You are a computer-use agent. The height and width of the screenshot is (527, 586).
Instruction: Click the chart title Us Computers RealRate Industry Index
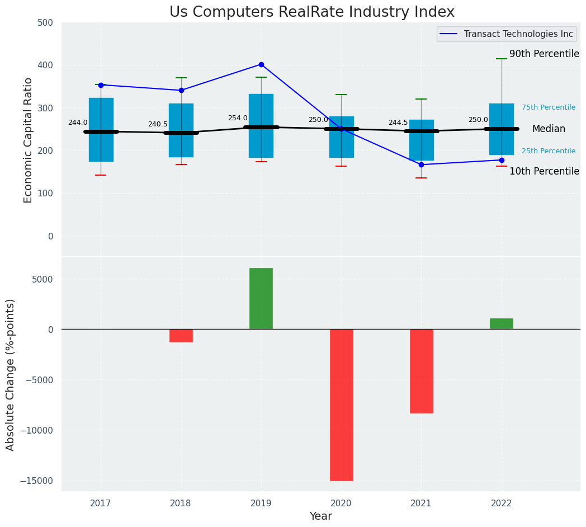pyautogui.click(x=312, y=12)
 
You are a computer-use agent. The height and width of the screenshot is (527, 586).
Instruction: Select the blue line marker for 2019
pyautogui.click(x=261, y=64)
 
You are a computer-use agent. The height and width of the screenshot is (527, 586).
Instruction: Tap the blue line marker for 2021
pyautogui.click(x=421, y=164)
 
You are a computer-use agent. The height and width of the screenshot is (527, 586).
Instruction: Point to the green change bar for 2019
pyautogui.click(x=261, y=299)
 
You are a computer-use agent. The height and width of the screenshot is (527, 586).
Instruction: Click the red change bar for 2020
pyautogui.click(x=341, y=404)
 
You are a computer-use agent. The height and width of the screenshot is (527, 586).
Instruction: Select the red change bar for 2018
pyautogui.click(x=181, y=336)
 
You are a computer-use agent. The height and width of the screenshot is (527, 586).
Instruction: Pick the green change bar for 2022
pyautogui.click(x=502, y=324)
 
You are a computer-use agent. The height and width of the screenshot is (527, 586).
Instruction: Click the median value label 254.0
pyautogui.click(x=238, y=118)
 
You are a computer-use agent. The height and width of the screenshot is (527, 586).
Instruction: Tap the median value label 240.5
pyautogui.click(x=158, y=124)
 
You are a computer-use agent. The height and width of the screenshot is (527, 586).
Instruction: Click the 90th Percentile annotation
pyautogui.click(x=544, y=54)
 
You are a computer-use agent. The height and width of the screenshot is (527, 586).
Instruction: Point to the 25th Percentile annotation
pyautogui.click(x=549, y=151)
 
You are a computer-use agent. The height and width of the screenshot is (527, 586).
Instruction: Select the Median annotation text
pyautogui.click(x=549, y=129)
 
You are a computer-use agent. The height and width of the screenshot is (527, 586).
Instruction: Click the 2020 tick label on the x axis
pyautogui.click(x=341, y=504)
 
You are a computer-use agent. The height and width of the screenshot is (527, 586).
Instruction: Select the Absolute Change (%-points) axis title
pyautogui.click(x=11, y=374)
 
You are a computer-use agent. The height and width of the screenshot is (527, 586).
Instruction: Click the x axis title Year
pyautogui.click(x=321, y=516)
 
